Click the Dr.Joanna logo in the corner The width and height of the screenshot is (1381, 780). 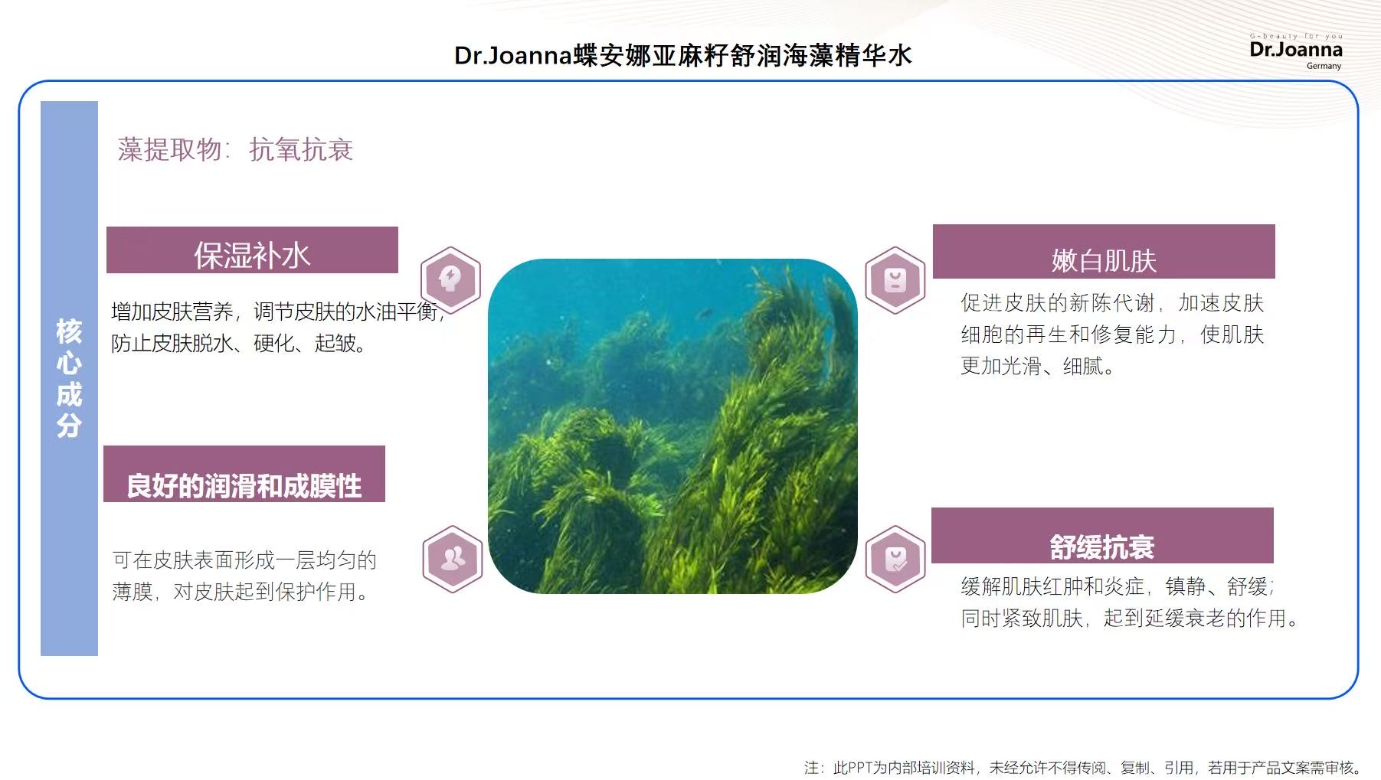[1295, 51]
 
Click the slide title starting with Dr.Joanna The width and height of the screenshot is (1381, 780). [683, 56]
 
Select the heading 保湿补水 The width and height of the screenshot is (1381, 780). [252, 256]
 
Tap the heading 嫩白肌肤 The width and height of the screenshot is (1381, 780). [1104, 261]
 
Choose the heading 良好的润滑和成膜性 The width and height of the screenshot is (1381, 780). [244, 485]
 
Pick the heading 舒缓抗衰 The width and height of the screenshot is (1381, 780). [1101, 547]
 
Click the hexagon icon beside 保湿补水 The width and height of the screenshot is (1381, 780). [450, 279]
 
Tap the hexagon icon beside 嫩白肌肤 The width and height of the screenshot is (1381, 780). [895, 280]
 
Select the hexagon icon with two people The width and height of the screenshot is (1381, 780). [452, 559]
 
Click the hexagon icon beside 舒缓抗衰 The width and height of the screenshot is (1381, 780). [895, 560]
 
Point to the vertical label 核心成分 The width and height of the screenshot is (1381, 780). [69, 378]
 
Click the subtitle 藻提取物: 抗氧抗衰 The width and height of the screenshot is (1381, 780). [235, 149]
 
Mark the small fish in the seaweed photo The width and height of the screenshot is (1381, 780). [705, 313]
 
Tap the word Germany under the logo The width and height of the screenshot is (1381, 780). [1324, 66]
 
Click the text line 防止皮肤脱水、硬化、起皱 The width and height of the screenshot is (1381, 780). [238, 343]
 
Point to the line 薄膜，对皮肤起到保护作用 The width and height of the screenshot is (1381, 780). [241, 592]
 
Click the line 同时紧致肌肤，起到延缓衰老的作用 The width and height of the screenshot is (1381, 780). [1130, 618]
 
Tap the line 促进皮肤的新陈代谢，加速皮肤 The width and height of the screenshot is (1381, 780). [1112, 303]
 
